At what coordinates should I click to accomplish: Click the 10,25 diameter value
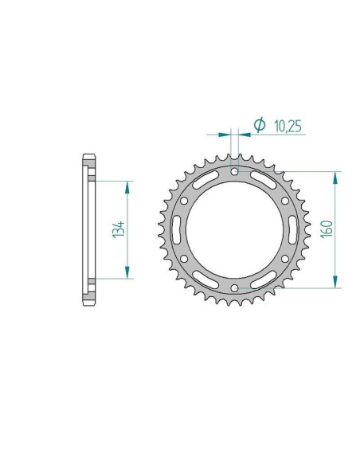287,126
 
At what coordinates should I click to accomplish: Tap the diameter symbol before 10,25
259,125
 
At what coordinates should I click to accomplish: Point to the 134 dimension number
116,229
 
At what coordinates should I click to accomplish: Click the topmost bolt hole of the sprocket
234,171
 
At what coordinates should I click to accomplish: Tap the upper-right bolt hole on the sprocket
285,201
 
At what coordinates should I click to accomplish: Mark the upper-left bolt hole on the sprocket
183,201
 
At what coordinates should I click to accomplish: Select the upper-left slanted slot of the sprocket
205,179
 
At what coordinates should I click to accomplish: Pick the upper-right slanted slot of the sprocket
264,179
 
